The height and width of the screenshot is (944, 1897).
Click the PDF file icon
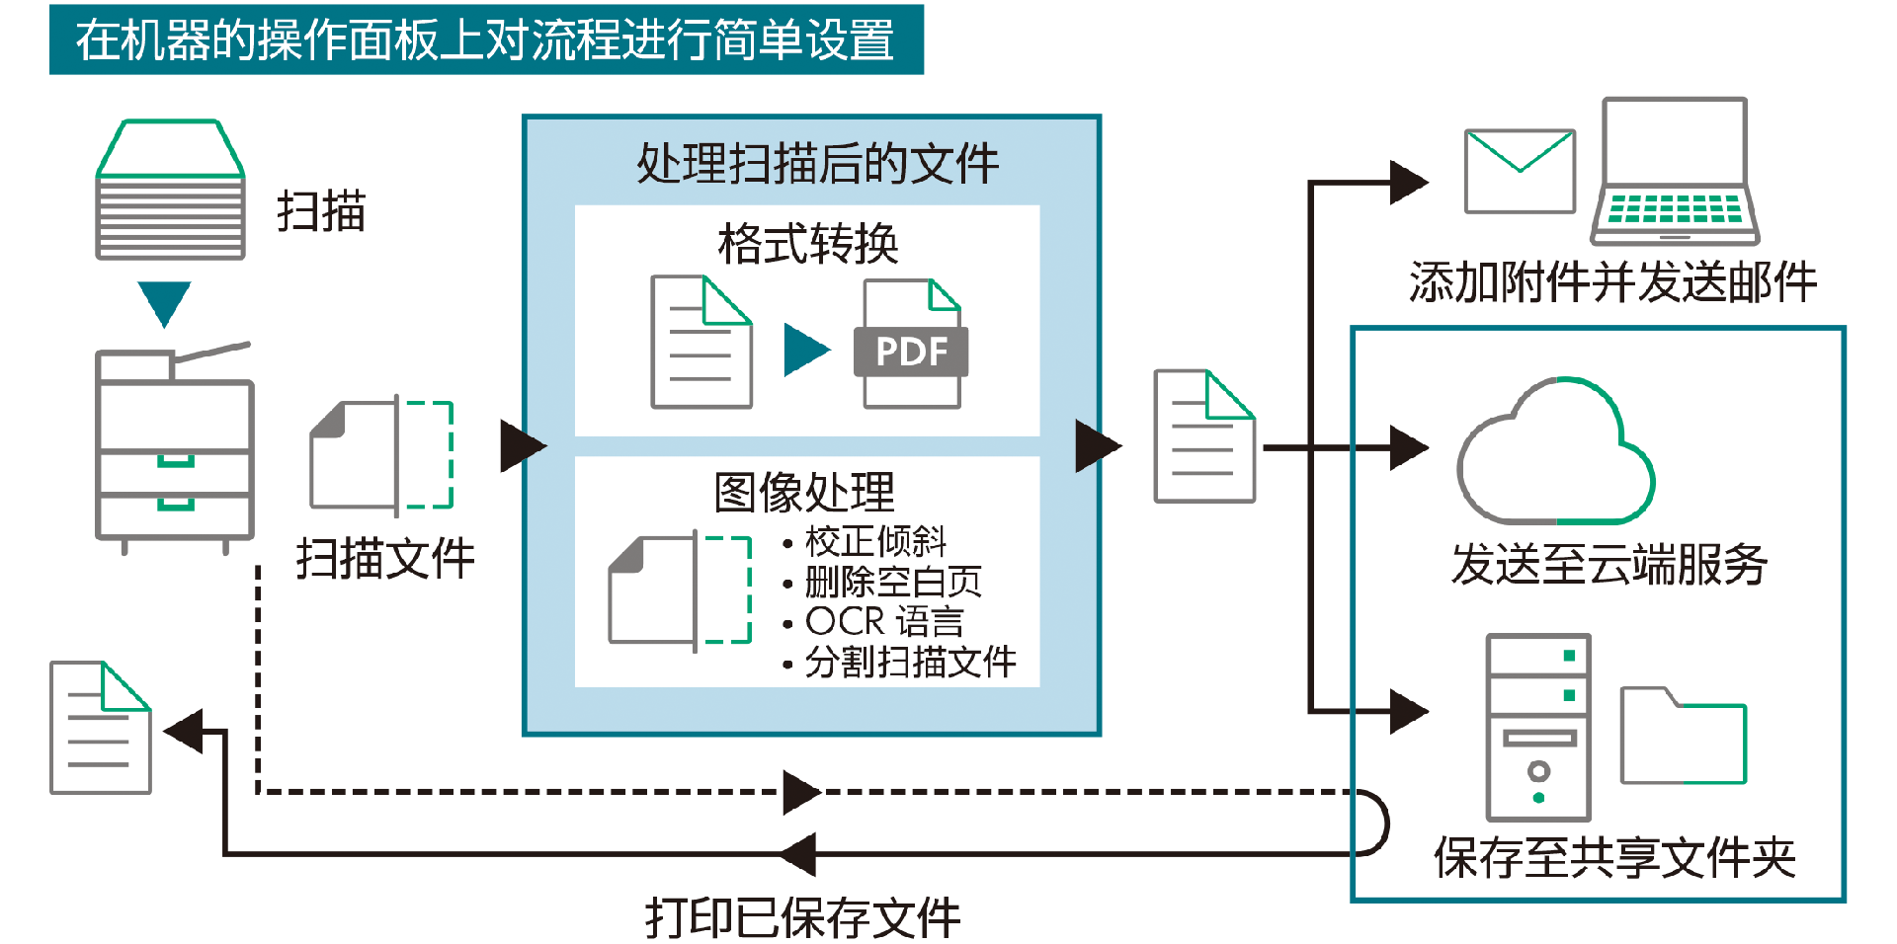911,344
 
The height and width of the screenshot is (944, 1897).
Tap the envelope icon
1519,171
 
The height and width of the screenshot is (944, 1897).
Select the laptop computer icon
1675,173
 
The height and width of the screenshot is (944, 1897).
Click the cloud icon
1555,453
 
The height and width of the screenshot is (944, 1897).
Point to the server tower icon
1538,727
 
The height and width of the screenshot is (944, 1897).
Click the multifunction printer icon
175,449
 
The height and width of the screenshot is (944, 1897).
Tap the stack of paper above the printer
170,192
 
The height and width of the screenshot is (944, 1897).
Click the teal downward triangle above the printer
164,302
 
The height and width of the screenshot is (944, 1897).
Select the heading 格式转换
807,244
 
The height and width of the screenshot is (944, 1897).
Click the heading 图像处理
804,492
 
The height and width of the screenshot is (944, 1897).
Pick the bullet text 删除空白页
893,582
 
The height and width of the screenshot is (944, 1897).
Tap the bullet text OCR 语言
884,622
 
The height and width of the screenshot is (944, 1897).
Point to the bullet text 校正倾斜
875,541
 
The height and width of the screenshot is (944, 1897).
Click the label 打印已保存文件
802,917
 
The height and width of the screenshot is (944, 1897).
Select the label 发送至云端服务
1609,565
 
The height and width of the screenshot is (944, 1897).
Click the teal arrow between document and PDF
806,350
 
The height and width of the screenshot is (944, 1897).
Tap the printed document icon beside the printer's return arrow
101,728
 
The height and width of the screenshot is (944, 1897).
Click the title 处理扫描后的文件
817,164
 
